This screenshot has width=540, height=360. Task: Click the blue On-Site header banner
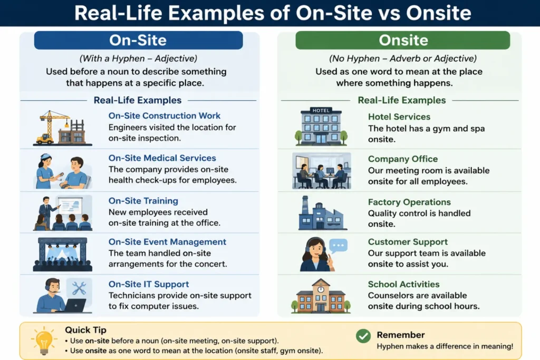point(138,40)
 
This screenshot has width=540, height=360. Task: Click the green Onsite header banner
point(402,40)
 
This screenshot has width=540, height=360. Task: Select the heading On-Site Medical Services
point(162,158)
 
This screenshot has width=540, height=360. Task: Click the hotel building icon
point(321,127)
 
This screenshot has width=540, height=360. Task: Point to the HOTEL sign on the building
point(321,111)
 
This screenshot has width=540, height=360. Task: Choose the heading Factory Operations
point(409,202)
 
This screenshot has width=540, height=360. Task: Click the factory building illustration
point(322,213)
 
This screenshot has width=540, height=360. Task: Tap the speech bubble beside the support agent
point(338,246)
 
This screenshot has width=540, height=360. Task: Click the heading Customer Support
point(408,242)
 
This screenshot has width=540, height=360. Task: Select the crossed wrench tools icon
point(79,288)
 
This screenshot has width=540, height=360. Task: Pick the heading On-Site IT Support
point(149,284)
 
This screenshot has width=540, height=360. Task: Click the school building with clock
point(321,296)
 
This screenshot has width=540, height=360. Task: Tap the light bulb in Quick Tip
point(44,340)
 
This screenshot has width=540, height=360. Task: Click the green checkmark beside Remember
point(363,336)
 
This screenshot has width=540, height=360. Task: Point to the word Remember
point(401,335)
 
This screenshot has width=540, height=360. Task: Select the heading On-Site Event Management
point(167,242)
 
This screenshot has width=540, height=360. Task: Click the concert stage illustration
point(62,254)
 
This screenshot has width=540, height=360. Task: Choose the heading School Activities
point(403,284)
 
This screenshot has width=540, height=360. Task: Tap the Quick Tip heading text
point(85,330)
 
